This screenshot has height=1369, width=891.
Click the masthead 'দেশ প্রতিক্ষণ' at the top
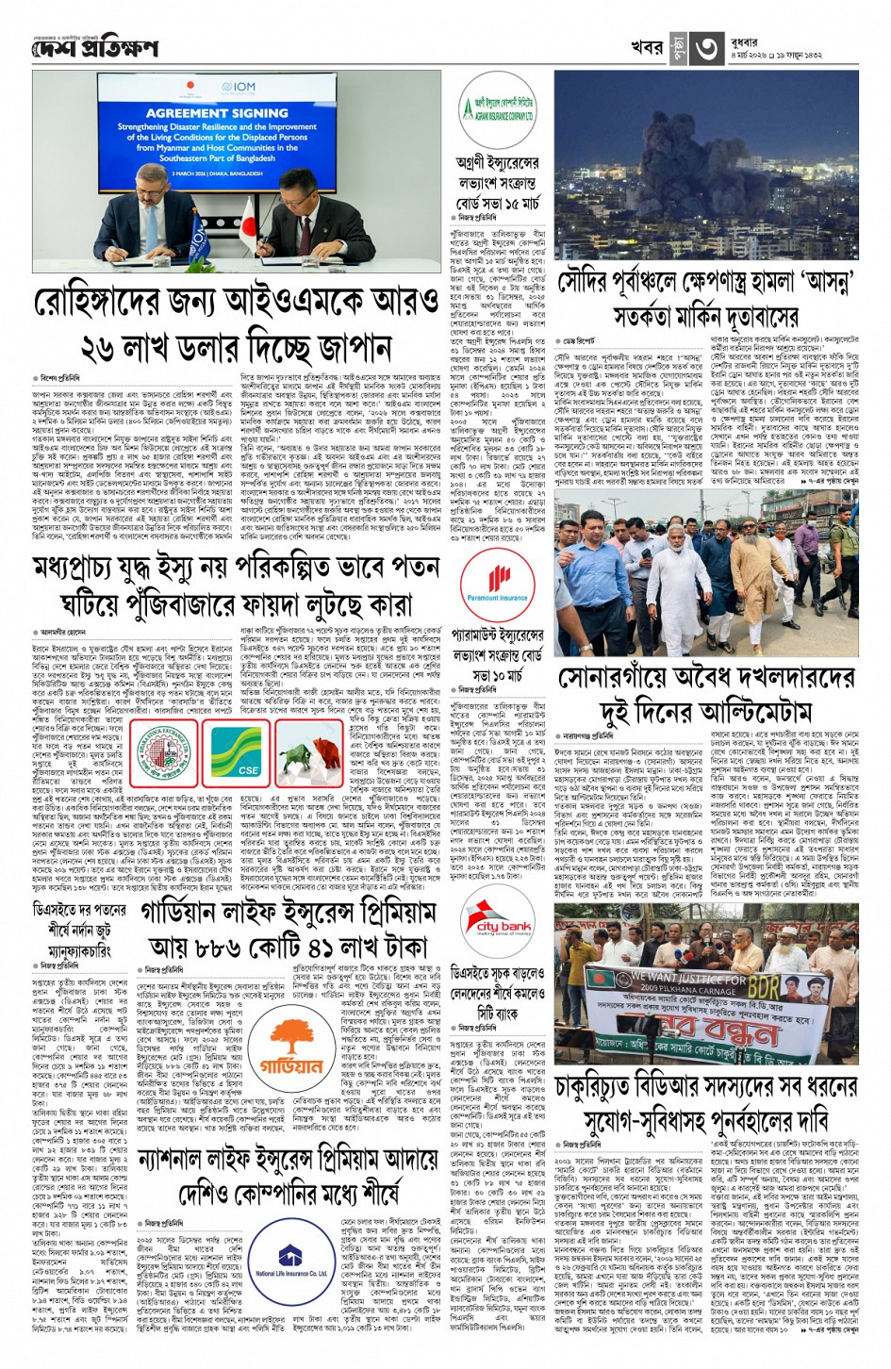[94, 47]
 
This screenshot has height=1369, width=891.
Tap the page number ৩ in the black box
[707, 47]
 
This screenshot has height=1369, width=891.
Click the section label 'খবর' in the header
[647, 47]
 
